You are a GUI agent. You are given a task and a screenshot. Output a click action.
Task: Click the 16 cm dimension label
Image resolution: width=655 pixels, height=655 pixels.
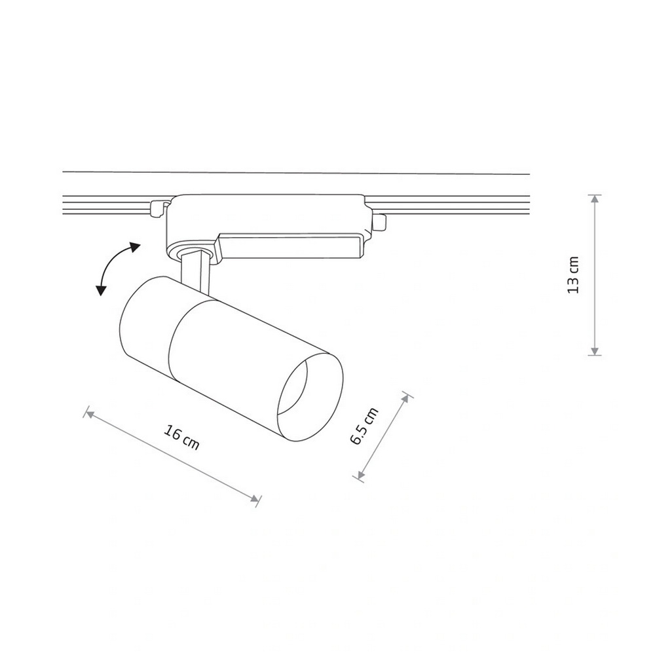coord(181,438)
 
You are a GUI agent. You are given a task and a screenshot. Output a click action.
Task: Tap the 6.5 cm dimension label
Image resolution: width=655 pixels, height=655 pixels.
coord(364,426)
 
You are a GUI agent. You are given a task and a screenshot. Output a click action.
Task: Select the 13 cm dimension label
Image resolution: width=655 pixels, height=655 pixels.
coord(573,275)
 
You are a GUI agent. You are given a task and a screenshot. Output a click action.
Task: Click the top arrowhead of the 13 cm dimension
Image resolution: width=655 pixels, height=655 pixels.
coord(595,199)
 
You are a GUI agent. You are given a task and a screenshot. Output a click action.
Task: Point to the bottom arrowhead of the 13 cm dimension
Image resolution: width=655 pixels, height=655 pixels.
coord(595,351)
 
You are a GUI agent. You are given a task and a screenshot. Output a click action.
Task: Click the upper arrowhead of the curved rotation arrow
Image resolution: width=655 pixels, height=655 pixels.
coord(134,248)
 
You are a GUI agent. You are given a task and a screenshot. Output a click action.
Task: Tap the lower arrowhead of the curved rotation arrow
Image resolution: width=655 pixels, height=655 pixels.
coord(101,290)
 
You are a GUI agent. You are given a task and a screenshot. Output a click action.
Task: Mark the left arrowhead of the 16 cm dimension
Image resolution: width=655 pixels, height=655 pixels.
coord(89,414)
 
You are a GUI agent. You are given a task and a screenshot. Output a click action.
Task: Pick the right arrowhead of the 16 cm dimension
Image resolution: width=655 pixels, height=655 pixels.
coord(254,498)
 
